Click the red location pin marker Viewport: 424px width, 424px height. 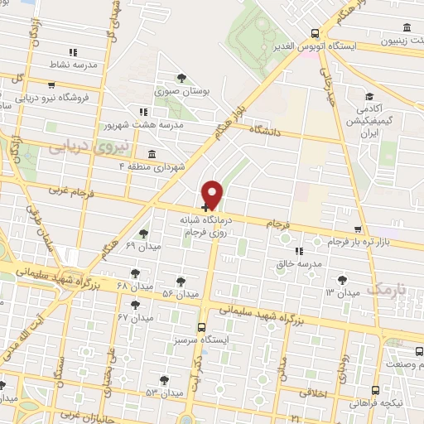pos(213,195)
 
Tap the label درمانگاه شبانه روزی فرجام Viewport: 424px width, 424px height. pos(207,228)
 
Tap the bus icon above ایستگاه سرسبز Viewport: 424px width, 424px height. pos(204,326)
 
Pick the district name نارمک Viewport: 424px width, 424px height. pos(387,288)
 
